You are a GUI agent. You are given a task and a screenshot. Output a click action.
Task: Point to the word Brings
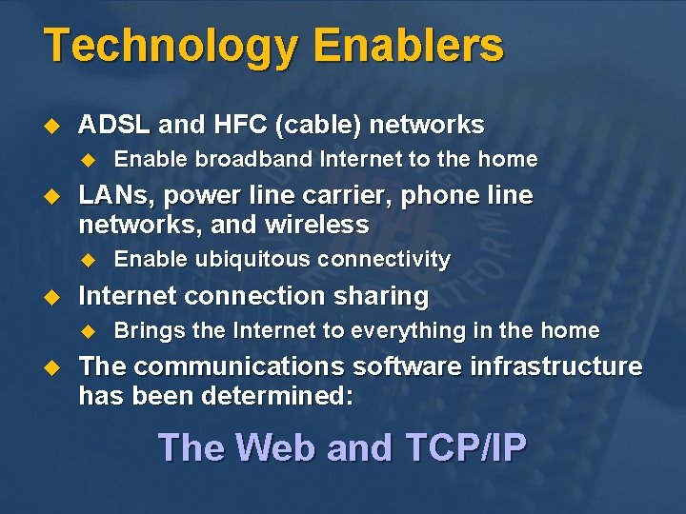[143, 331]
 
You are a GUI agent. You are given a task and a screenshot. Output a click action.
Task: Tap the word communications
[236, 366]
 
